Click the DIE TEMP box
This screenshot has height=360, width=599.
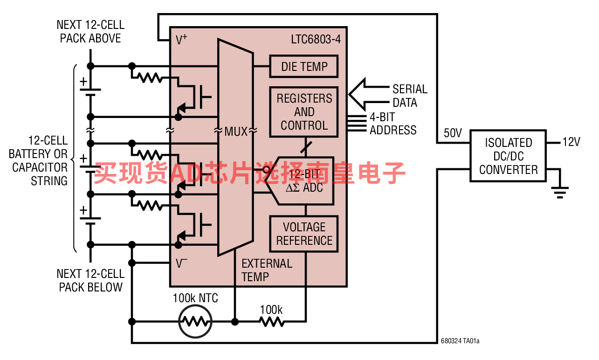[x=304, y=66]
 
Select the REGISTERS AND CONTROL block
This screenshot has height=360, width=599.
[x=304, y=112]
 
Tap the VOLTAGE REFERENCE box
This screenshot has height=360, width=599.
[x=304, y=234]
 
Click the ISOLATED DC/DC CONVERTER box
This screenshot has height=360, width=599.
[x=508, y=156]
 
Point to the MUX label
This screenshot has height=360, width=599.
[x=236, y=132]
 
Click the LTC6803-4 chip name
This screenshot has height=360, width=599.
[x=316, y=39]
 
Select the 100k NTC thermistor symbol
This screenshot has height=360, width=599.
[x=195, y=321]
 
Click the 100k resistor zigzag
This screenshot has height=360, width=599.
[x=272, y=321]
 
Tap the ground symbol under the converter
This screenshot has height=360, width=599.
[x=560, y=193]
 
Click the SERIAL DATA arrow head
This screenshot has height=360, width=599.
[x=357, y=94]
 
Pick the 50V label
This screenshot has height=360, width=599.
[x=453, y=133]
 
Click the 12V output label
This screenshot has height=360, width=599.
[x=571, y=142]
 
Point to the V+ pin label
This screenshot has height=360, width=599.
[x=181, y=40]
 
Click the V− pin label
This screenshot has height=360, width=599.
[x=181, y=263]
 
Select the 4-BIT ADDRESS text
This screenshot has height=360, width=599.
[x=393, y=124]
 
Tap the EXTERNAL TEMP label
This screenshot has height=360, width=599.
[x=267, y=270]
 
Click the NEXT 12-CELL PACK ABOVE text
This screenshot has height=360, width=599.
[x=90, y=32]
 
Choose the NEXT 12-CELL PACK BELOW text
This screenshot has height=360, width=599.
[x=90, y=281]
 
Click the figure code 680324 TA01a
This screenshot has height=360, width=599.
[x=460, y=341]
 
